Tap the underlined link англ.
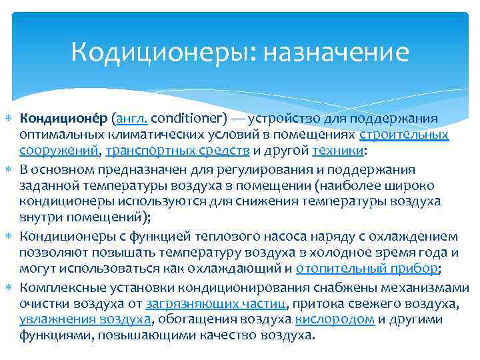131,119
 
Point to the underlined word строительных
404,135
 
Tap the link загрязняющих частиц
217,303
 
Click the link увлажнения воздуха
85,319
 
